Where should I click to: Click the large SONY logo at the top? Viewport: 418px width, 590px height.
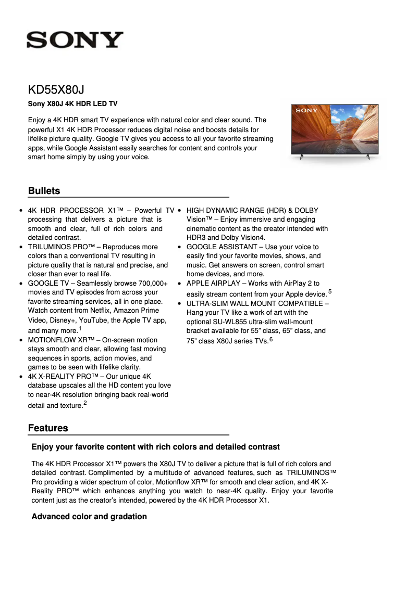[x=75, y=40]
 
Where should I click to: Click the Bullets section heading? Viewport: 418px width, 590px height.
[x=44, y=191]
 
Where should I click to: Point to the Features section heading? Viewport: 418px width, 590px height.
[x=48, y=428]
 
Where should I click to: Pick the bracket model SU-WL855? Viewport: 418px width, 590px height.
[x=233, y=322]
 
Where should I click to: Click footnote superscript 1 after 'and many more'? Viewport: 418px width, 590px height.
[x=80, y=328]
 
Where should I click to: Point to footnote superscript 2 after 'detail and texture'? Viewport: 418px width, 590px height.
[x=85, y=403]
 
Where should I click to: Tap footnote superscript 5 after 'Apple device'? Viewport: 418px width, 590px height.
[x=330, y=291]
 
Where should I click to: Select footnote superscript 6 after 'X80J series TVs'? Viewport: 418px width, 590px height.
[x=271, y=339]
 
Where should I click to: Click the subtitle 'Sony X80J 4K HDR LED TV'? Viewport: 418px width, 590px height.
[x=72, y=105]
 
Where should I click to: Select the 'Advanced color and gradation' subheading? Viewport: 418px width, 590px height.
[x=89, y=517]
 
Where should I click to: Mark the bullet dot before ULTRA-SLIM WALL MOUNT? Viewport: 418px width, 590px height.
[x=179, y=303]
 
